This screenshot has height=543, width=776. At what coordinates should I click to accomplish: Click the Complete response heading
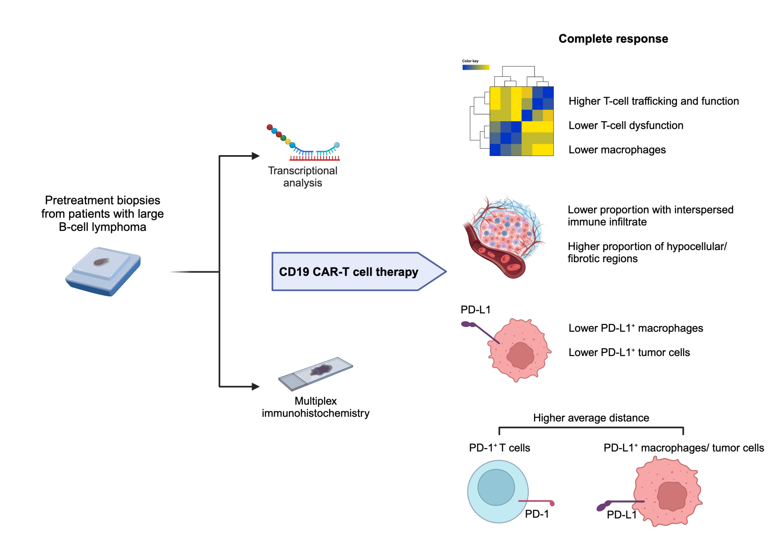point(613,39)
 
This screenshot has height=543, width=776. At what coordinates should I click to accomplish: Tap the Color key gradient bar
point(476,67)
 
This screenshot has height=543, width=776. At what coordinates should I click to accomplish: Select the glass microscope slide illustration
point(316,373)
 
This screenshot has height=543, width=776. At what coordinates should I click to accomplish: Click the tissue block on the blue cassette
point(101,262)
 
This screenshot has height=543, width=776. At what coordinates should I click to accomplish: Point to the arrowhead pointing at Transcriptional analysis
point(255,156)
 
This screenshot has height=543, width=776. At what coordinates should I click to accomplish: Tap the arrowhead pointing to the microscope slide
point(255,387)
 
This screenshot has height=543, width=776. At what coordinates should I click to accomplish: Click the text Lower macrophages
point(617,150)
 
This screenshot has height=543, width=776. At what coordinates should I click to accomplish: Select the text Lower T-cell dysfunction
point(626,126)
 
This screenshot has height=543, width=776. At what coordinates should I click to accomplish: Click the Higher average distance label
point(591,418)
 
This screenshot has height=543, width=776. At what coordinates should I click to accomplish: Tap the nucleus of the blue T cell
point(496,487)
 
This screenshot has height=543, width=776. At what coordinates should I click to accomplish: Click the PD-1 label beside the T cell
point(537,514)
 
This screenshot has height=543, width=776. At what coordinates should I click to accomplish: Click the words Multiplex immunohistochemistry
point(315,407)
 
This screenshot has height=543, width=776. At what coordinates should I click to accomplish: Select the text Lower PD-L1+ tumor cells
point(629,353)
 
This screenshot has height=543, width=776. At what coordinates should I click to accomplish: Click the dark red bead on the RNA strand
point(270,127)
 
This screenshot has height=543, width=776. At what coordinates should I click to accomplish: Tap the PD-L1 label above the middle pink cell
point(475,310)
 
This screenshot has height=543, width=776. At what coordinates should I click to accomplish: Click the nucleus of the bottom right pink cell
point(672,496)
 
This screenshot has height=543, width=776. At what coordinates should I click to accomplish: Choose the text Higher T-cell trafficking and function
point(654,101)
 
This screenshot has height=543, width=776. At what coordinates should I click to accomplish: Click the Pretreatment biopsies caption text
point(103,214)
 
